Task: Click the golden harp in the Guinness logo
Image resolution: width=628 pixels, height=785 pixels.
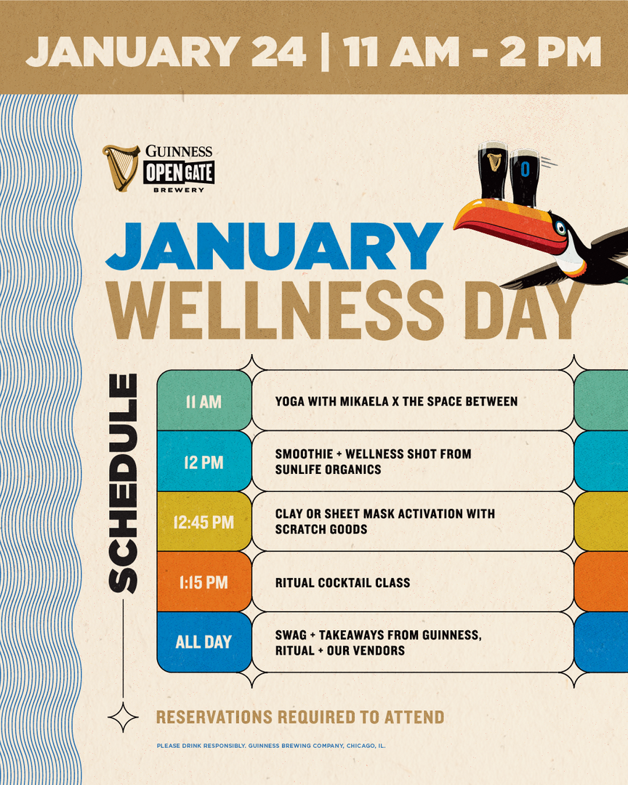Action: pos(120,168)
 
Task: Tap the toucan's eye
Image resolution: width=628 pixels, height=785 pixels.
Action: pos(560,229)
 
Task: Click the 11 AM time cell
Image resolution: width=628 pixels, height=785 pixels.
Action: pos(204,400)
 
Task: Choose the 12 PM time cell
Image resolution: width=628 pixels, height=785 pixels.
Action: pos(204,461)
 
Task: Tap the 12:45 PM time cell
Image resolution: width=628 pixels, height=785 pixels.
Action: pos(204,522)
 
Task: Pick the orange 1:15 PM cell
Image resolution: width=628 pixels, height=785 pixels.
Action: pos(204,581)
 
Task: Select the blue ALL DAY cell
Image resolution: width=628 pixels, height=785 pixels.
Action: pos(204,642)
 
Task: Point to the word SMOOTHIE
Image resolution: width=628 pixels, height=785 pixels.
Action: pos(304,454)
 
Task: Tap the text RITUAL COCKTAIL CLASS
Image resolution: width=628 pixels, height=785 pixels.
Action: pos(342,583)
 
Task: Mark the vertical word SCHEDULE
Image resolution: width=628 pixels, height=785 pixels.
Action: pos(123,483)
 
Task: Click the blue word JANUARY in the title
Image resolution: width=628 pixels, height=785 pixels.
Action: pos(274,247)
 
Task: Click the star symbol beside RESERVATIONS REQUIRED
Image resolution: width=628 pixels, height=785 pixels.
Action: pos(123,717)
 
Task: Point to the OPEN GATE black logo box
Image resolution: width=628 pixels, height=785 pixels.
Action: pos(179,173)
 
